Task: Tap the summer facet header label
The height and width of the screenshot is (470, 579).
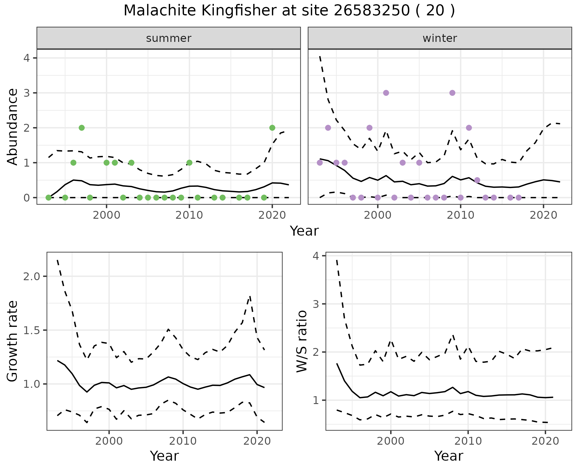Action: tap(169, 38)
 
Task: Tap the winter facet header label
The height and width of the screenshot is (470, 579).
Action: tap(440, 38)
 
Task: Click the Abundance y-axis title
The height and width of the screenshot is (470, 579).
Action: tap(13, 127)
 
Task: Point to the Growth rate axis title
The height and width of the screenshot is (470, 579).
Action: tap(13, 341)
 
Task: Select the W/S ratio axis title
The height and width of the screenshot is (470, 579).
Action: tap(302, 341)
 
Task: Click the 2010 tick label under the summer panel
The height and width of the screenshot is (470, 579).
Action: tap(189, 215)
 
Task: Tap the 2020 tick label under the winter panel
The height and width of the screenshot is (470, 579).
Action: tap(543, 215)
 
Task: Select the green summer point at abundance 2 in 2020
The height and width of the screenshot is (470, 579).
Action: tap(272, 128)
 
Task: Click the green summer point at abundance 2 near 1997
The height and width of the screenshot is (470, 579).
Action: tap(81, 128)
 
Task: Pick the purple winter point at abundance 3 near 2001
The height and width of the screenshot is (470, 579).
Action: tap(386, 93)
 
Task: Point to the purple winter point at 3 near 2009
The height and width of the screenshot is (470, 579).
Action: tap(452, 93)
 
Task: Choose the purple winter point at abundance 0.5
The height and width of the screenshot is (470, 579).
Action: tap(477, 180)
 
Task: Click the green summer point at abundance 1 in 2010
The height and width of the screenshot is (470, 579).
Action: tap(189, 163)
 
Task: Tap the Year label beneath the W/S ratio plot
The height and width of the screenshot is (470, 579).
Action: tap(449, 456)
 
